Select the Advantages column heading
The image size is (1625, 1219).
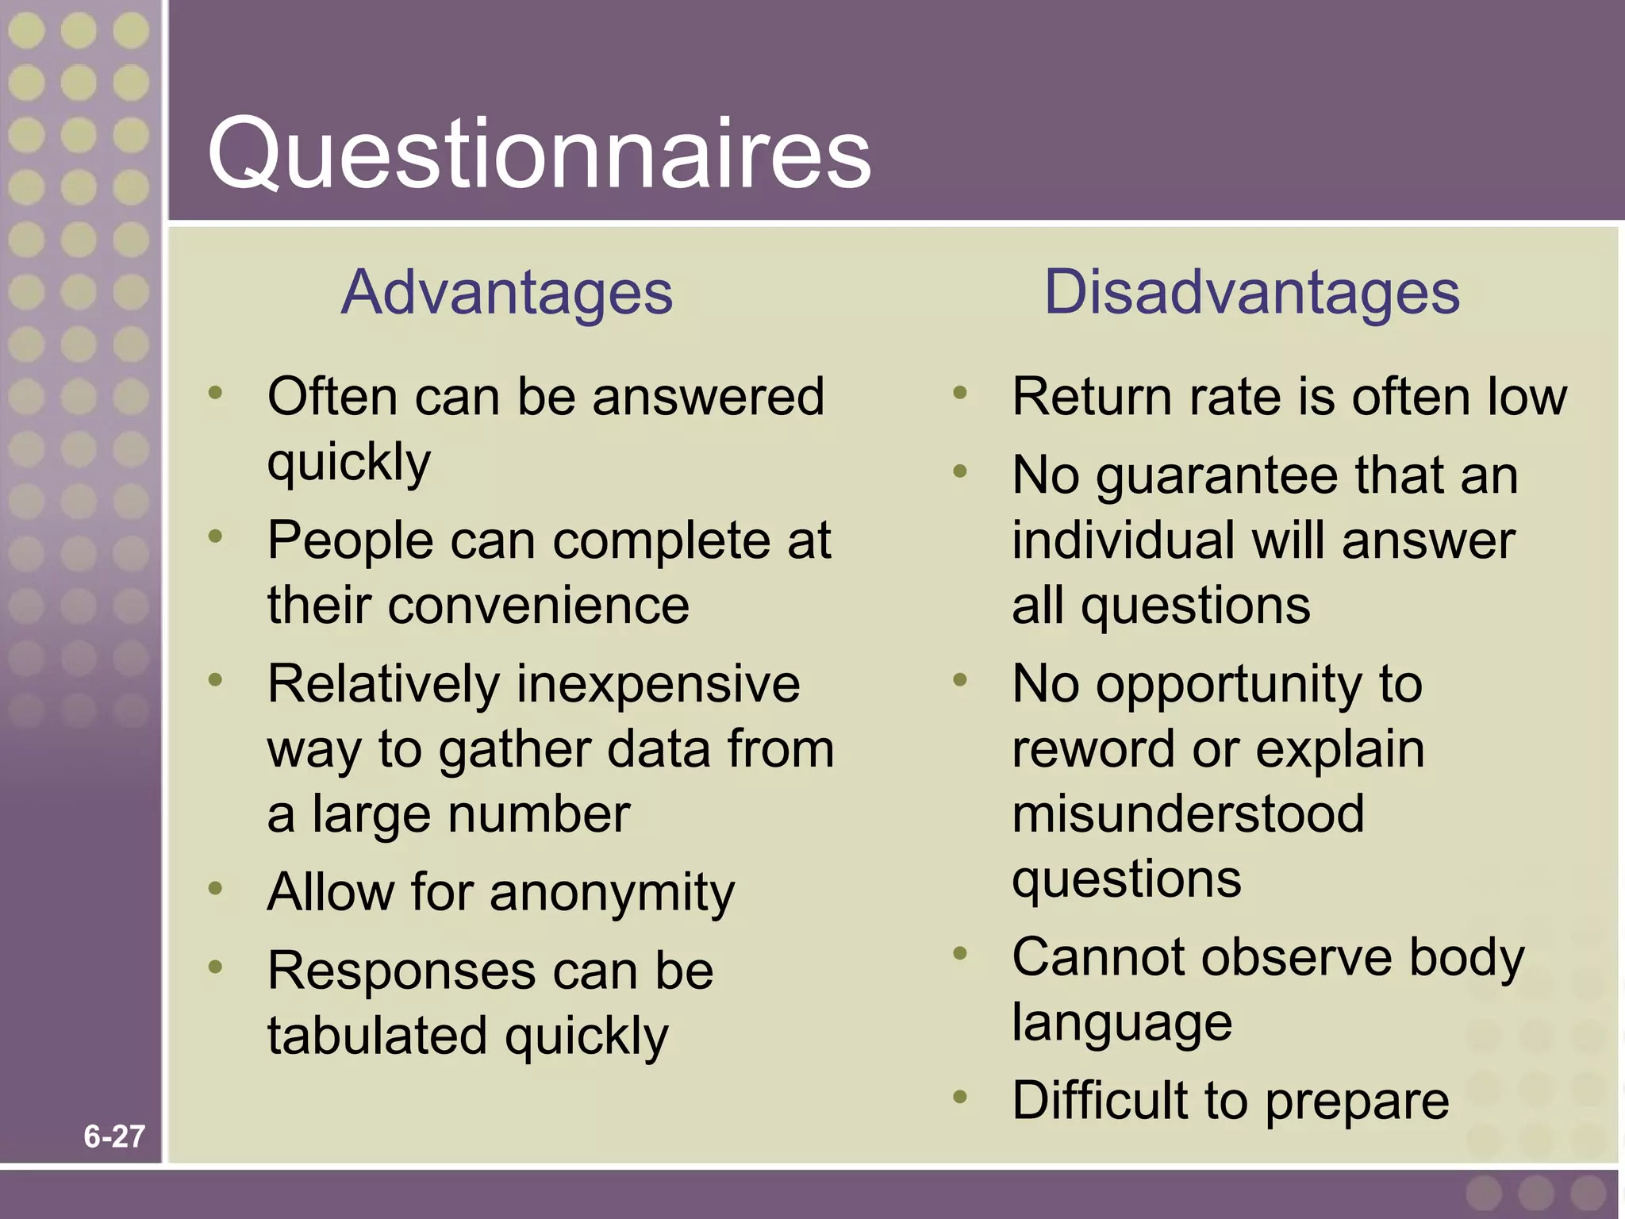506,293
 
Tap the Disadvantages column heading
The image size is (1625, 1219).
1251,293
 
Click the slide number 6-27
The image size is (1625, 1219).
114,1136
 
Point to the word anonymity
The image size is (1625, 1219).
612,894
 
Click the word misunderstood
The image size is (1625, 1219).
1188,813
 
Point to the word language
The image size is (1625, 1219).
1122,1024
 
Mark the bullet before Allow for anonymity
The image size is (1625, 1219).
215,888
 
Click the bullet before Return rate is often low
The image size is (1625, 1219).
960,392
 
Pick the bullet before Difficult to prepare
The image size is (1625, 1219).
960,1097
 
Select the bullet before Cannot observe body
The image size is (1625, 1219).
960,953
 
